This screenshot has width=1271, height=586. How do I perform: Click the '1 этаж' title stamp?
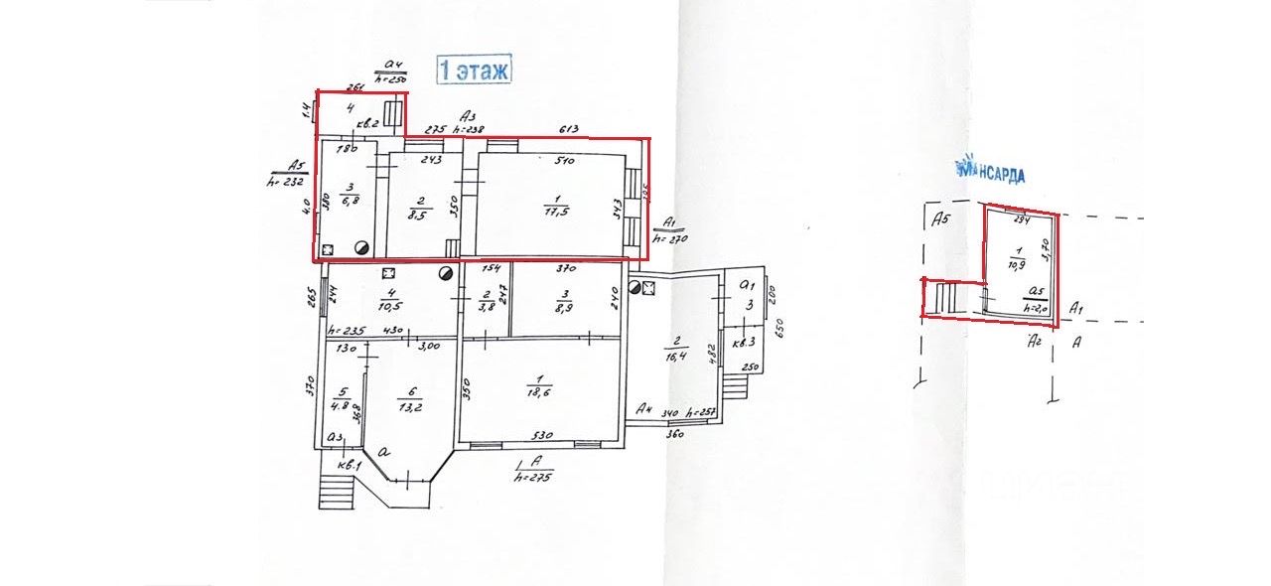coord(474,70)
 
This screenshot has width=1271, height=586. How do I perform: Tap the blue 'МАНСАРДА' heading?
coord(990,171)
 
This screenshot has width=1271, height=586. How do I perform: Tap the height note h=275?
coord(534,478)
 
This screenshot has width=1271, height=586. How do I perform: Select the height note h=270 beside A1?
coord(670,239)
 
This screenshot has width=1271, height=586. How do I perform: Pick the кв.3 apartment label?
coord(744,341)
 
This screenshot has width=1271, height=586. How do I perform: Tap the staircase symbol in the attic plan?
coord(948,297)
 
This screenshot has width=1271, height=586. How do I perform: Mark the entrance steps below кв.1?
coord(334,491)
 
